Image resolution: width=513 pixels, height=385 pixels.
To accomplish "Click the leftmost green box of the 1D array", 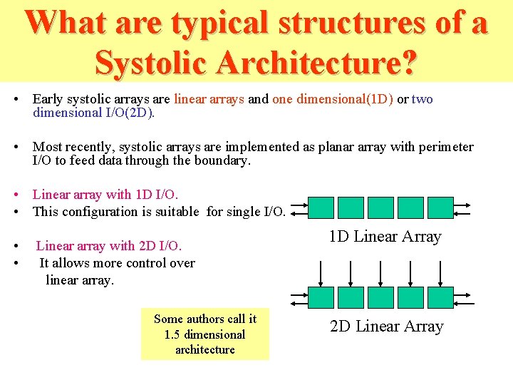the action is coord(321,207).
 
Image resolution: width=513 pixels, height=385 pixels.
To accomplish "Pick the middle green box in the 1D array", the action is coord(380,207).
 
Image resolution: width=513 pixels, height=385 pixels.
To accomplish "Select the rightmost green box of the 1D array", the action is coord(440,207).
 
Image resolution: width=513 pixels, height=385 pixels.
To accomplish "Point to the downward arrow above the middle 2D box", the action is coord(380,273).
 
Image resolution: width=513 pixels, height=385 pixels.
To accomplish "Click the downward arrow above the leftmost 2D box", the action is coord(321,273).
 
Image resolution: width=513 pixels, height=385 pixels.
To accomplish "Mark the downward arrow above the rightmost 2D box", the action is coord(440,273).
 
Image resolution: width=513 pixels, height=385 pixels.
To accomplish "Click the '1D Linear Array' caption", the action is coord(385,237).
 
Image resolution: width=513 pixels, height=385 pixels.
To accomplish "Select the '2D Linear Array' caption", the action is coord(386,327).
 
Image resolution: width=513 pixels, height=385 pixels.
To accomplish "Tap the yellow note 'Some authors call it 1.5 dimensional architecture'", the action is coord(205,334).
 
